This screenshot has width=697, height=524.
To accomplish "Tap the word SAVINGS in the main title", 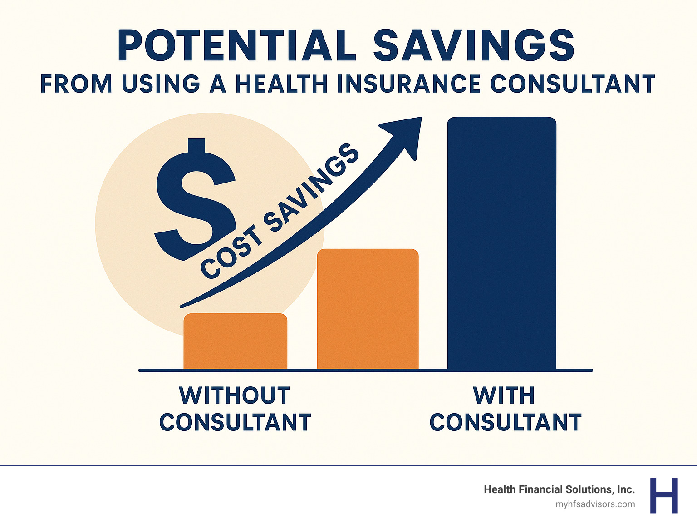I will coord(474,46).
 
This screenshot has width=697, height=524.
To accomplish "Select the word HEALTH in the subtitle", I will coord(280,84).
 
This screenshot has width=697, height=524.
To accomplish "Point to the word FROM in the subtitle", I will coord(76,84).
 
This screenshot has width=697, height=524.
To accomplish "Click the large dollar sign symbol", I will coord(195,200).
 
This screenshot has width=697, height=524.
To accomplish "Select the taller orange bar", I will coord(368,309).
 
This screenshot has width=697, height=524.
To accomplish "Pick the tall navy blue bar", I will coord(501,243).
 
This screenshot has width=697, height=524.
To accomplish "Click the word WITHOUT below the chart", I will coord(235,395).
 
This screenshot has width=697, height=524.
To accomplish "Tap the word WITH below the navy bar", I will coord(504,395).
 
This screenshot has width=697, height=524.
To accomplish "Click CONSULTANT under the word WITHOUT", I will coord(235,423).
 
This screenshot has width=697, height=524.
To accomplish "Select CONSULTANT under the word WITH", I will coord(506,423).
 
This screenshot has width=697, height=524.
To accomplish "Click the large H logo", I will coord(664,495).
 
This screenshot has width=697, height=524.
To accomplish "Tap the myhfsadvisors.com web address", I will coord(595,504).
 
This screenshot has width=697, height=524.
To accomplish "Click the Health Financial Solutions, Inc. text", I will coord(559,489).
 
